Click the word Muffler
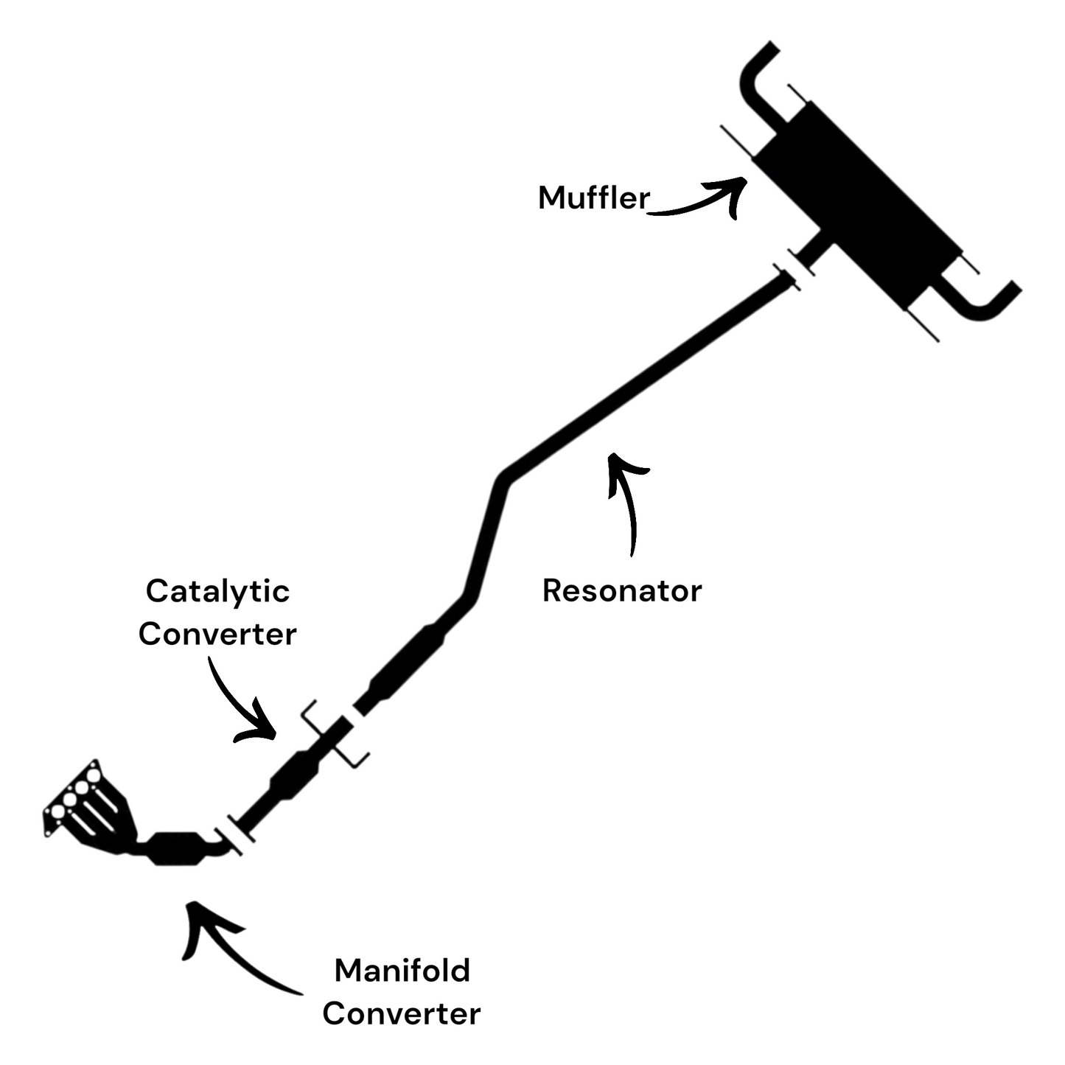pos(593,198)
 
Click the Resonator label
pos(621,590)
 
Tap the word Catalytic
pos(217,591)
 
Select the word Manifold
pos(402,971)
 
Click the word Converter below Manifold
pos(401,1013)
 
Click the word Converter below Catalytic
pos(217,634)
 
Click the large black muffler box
pos(859,203)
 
